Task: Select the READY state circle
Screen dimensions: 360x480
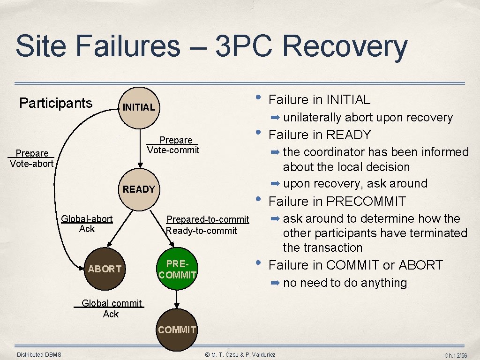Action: (138, 189)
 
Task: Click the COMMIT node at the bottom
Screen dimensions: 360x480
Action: (177, 330)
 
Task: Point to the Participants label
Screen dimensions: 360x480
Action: (56, 103)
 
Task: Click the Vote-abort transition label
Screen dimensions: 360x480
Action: (31, 164)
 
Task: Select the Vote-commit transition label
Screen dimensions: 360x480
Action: (173, 150)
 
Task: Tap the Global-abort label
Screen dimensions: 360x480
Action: (87, 219)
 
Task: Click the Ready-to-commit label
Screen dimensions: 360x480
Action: (202, 231)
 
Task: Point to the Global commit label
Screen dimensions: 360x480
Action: (111, 303)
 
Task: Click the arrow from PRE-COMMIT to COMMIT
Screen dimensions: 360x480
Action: (177, 298)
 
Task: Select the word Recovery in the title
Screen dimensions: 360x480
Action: (345, 47)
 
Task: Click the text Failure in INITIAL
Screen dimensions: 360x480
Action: (319, 99)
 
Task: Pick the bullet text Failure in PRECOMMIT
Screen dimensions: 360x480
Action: (337, 202)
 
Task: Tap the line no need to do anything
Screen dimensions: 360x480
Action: (345, 283)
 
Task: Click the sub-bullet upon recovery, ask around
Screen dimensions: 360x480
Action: (355, 183)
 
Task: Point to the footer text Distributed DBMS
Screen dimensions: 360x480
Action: (39, 354)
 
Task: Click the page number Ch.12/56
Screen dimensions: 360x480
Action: (456, 356)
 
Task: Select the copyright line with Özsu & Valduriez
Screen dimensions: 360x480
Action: (240, 355)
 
